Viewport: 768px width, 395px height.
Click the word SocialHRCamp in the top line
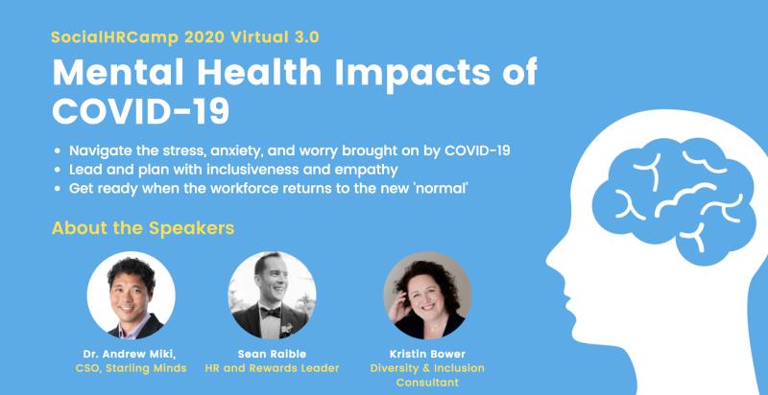(x=115, y=37)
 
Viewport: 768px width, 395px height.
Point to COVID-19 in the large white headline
(x=140, y=110)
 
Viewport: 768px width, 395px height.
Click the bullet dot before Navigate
(x=58, y=151)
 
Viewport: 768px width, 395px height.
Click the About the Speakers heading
(x=143, y=228)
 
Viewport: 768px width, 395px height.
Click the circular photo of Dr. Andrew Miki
(x=132, y=295)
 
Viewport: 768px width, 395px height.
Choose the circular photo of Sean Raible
(x=272, y=295)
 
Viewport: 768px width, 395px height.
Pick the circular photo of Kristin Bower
(x=427, y=295)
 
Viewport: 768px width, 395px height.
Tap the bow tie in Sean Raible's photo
(x=271, y=313)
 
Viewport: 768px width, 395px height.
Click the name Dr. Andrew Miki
(x=131, y=354)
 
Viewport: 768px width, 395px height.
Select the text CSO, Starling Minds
(x=131, y=368)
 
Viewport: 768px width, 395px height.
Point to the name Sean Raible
(x=272, y=354)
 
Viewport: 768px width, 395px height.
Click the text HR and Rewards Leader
(x=272, y=368)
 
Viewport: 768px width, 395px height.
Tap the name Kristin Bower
(x=427, y=354)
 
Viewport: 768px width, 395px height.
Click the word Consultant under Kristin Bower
(x=427, y=383)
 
